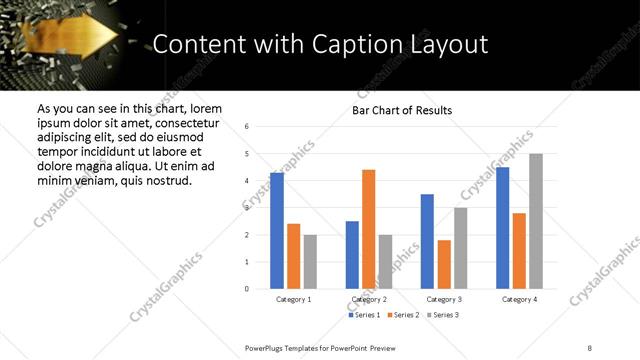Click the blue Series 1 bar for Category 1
277,231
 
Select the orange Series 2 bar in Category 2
368,229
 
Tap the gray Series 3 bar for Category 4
536,221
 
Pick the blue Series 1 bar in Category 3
427,241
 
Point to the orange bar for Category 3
444,264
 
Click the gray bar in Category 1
310,262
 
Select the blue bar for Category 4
503,228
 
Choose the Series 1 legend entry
364,315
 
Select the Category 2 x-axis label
369,299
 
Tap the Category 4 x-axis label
519,299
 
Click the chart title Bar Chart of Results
402,110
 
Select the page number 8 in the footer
590,347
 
